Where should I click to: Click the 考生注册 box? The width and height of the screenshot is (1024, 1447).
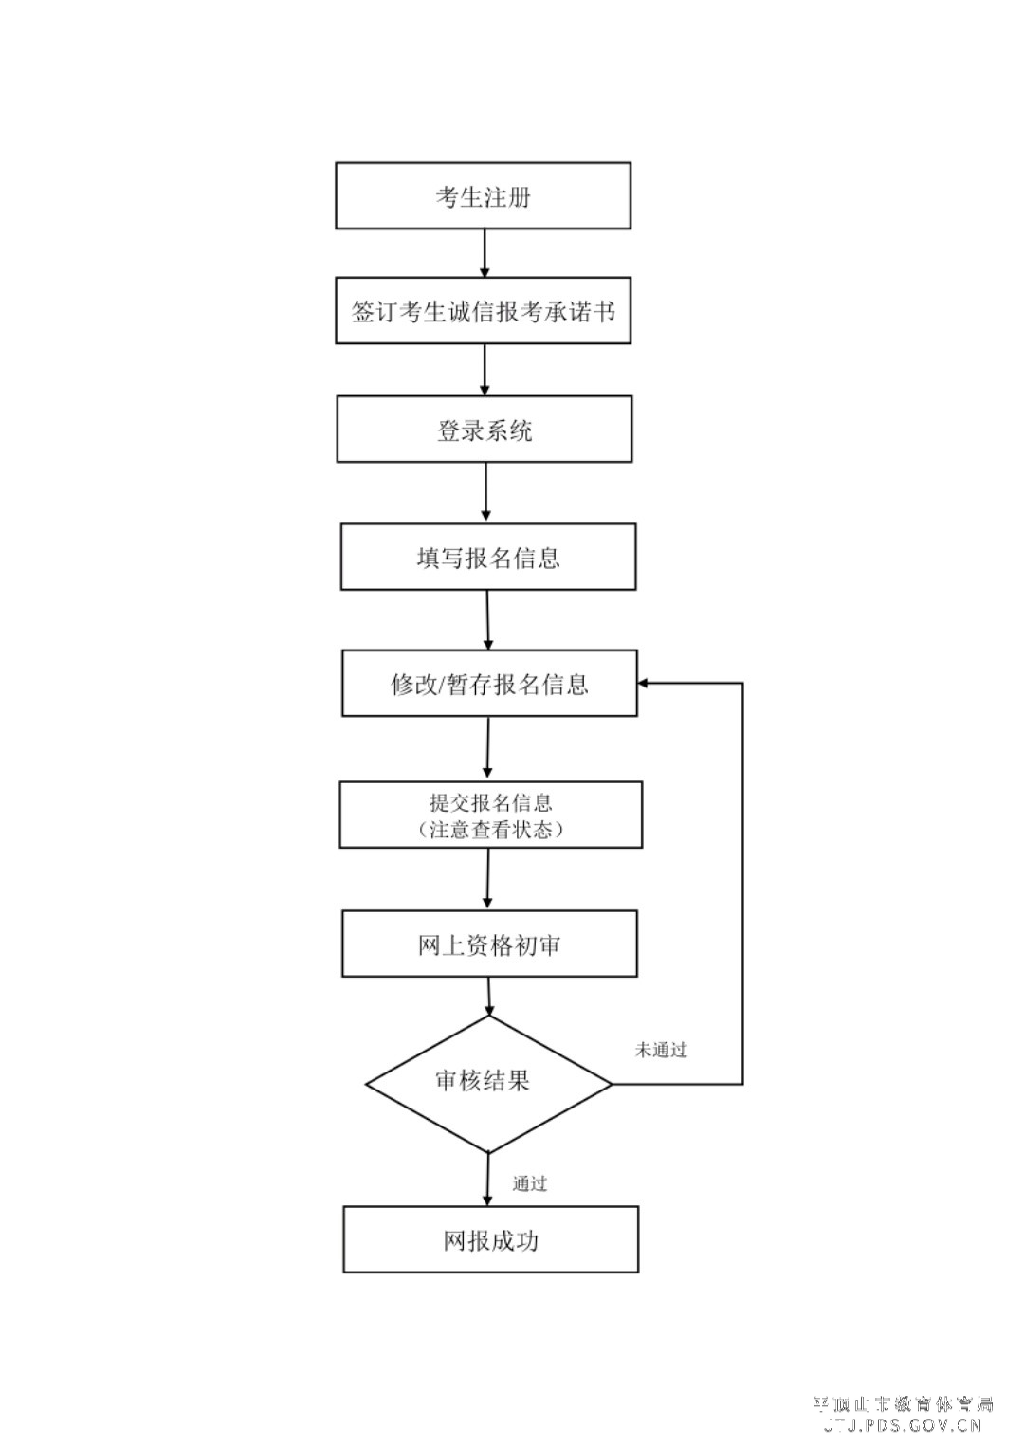(483, 195)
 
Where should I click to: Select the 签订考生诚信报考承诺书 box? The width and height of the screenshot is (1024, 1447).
(483, 311)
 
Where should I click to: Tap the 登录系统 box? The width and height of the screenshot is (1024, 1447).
(484, 430)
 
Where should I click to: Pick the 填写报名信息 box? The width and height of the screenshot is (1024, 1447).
(487, 557)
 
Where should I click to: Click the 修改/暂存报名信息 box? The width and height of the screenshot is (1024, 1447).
(488, 683)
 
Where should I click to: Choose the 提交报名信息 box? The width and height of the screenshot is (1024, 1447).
(490, 803)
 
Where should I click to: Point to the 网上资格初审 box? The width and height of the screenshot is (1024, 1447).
(488, 944)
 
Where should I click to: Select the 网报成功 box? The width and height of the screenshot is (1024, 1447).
(490, 1239)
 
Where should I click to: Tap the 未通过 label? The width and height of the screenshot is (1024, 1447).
(661, 1050)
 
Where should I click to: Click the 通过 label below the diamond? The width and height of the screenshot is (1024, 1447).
(530, 1183)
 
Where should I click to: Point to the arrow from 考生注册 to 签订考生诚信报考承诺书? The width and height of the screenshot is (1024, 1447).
(485, 253)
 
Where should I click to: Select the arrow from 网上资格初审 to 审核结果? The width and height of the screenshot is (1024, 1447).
(489, 997)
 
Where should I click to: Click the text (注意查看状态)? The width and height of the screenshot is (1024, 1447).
(491, 830)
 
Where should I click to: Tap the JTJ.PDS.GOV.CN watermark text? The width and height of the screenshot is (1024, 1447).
(903, 1424)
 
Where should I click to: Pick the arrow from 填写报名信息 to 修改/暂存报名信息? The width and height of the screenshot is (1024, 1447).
(488, 620)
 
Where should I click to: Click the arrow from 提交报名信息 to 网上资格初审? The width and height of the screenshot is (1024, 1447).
(488, 879)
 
